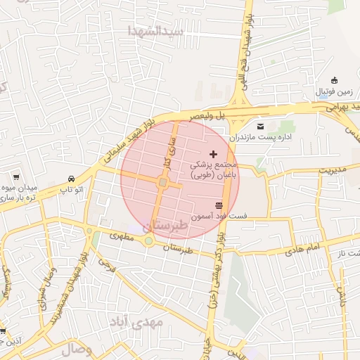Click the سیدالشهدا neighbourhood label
[x=155, y=31]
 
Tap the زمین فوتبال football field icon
[x=334, y=79]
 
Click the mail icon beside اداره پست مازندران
[x=261, y=126]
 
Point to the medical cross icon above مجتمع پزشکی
[x=214, y=154]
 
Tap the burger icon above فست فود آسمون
[x=219, y=204]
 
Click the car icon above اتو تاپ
[x=72, y=179]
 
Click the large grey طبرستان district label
[x=166, y=226]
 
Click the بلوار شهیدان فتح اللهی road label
[x=248, y=46]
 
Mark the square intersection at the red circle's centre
[x=162, y=184]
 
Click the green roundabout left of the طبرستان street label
[x=149, y=241]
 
